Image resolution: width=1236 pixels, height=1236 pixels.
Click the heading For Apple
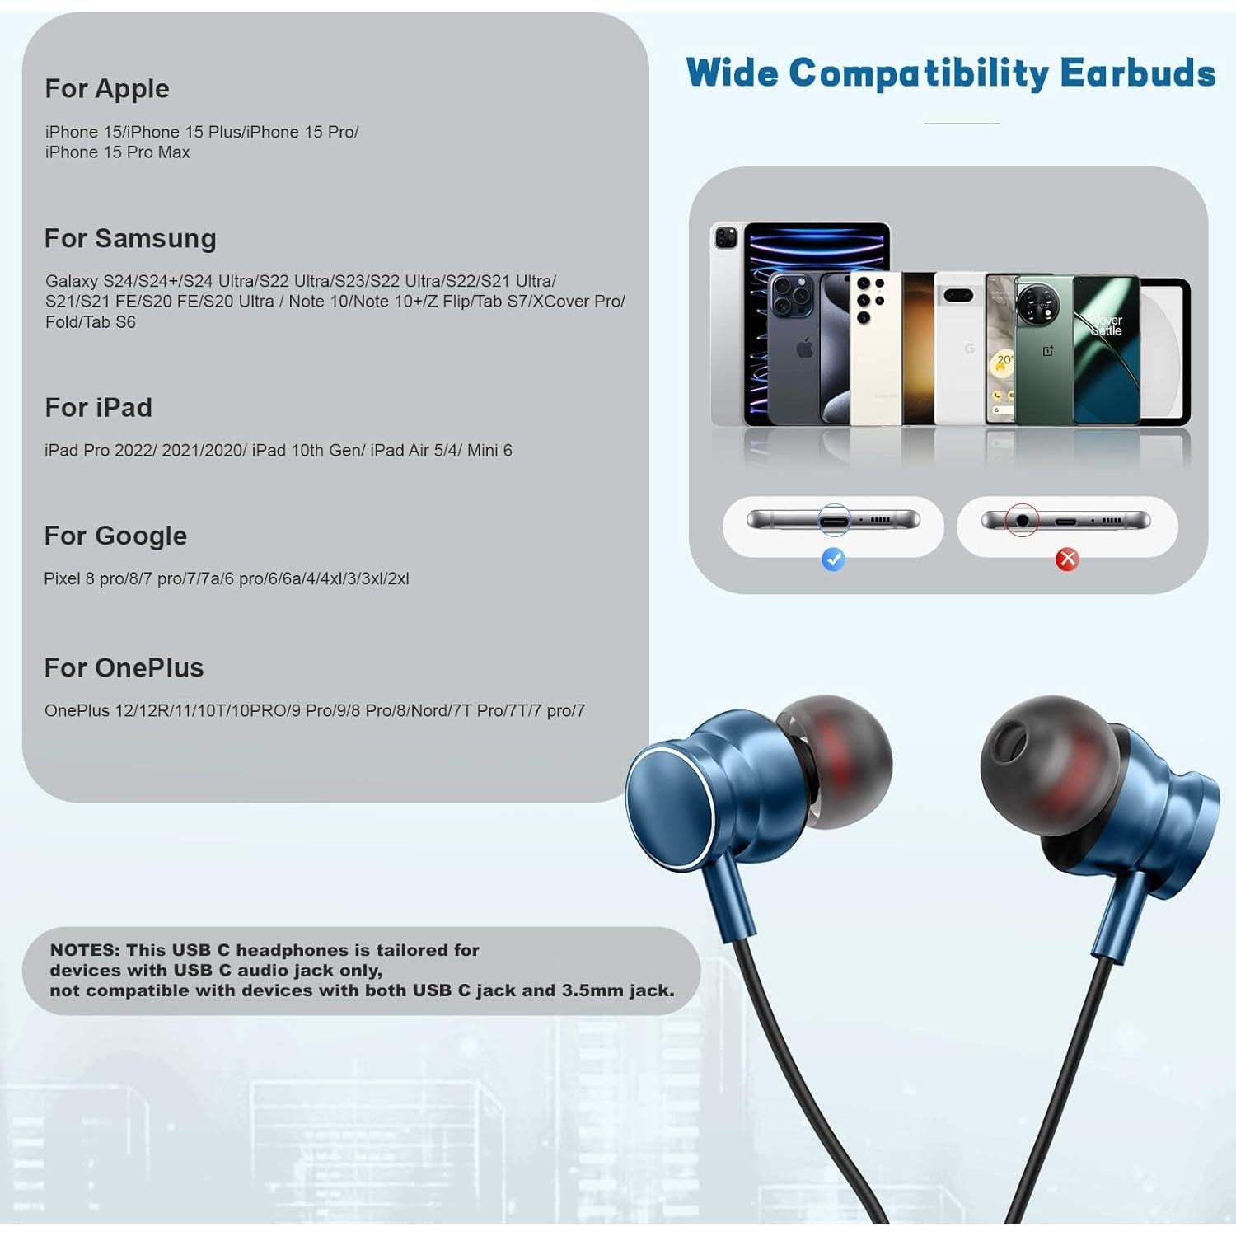point(107,88)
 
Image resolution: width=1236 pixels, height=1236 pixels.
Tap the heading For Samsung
point(130,238)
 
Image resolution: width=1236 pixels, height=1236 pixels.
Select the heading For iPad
point(98,407)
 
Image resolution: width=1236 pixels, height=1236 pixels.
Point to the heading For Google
point(115,536)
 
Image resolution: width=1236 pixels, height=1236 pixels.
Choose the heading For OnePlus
point(124,667)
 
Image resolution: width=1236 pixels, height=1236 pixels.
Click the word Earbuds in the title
point(1137,73)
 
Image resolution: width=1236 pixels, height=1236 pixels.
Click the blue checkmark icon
point(833,559)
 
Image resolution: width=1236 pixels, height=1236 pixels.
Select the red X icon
point(1067,559)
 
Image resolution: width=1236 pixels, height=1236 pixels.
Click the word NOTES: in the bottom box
point(85,950)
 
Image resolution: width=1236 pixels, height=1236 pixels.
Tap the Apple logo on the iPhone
point(805,349)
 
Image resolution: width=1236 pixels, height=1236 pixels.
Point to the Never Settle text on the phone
point(1107,325)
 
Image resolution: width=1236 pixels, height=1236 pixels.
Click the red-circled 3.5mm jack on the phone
point(1022,521)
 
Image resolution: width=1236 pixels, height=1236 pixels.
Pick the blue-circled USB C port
point(834,521)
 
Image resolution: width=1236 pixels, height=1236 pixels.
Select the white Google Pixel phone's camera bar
point(958,295)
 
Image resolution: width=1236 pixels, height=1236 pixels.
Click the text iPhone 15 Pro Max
point(117,152)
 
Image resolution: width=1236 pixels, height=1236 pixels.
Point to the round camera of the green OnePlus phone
point(1037,305)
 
